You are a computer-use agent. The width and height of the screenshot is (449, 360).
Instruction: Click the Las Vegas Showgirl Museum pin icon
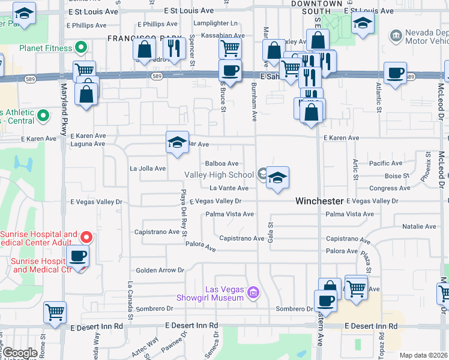point(253,293)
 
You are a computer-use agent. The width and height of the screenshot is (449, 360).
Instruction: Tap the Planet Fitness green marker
point(80,47)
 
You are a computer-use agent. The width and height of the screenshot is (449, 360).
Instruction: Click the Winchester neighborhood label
point(318,202)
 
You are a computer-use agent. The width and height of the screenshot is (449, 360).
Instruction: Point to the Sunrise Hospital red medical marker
point(86,238)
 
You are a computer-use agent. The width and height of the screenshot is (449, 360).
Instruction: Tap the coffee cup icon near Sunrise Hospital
point(77,257)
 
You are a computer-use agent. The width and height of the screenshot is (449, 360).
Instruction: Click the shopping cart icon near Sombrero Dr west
point(55,311)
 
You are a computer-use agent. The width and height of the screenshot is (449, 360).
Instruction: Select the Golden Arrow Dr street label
point(160,271)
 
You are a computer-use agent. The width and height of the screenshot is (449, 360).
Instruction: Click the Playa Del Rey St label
point(184,212)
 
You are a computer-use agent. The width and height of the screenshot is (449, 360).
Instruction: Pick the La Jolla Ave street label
point(148,169)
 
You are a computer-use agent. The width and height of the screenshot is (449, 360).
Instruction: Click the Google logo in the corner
point(19,353)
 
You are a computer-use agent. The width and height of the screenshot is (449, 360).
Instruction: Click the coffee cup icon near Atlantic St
point(395,73)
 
